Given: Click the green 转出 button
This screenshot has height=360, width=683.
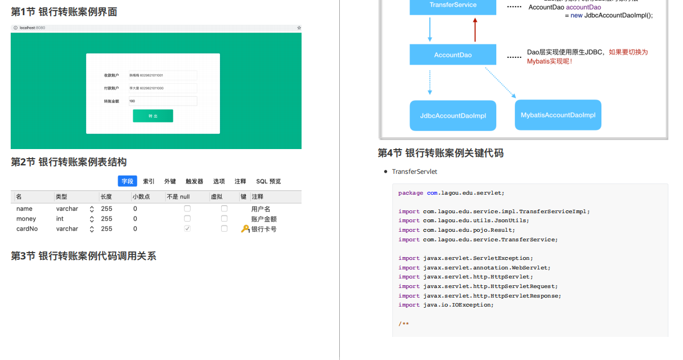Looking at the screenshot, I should coord(152,116).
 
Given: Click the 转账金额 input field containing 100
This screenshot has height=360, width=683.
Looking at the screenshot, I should coord(163,101).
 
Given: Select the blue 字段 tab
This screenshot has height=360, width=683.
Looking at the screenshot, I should coord(127,181).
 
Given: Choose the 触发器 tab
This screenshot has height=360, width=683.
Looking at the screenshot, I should coord(195,181).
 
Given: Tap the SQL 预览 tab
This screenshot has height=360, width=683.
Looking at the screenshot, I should coord(268,181).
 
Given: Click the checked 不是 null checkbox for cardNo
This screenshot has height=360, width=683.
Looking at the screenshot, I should coord(187,229).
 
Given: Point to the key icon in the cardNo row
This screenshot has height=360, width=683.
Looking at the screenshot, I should coord(245,229).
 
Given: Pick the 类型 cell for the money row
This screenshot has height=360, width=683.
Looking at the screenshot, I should coord(60,219).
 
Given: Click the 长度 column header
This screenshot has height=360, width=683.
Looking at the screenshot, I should coord(106,197).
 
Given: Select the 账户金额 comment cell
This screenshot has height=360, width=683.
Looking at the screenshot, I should coord(264,219).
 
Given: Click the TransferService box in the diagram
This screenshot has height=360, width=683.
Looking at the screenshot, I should coord(453,6).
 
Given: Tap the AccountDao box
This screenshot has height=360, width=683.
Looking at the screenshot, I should coord(453,55).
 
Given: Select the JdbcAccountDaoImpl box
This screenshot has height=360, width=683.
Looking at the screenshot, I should coord(453,116).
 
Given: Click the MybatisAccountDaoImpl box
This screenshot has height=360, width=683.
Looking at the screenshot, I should coord(558,115).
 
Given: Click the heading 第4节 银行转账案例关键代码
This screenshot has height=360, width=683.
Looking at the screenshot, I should coord(441,153).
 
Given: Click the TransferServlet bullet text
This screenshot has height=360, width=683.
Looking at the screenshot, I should coord(415,172).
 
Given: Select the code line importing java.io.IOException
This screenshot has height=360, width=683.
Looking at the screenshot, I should coord(446,305).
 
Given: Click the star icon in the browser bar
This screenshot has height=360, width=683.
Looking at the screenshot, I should coord(299,28).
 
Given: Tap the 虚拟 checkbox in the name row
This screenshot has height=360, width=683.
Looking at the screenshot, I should coord(224,209).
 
